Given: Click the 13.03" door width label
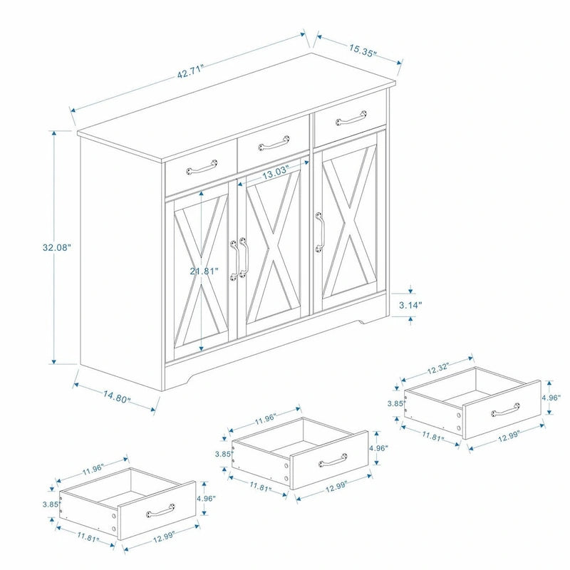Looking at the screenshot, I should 274,172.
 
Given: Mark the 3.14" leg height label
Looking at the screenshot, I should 410,304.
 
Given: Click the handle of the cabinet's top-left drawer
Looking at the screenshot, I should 200,168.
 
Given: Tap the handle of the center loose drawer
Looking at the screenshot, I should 333,460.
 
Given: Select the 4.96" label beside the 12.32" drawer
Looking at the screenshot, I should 551,398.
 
